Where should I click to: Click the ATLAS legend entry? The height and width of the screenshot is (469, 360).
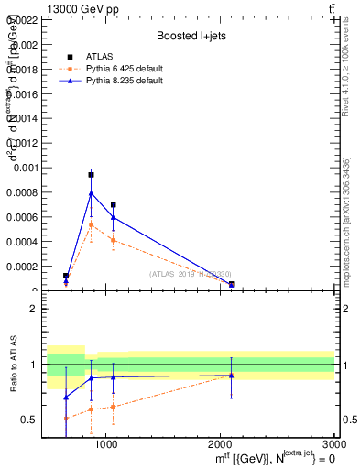pyautogui.click(x=100, y=56)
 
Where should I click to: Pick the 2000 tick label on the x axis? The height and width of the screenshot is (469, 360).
pyautogui.click(x=220, y=443)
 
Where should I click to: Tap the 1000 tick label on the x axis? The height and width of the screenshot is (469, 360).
pyautogui.click(x=105, y=443)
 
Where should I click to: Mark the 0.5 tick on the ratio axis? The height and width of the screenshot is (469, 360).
pyautogui.click(x=29, y=420)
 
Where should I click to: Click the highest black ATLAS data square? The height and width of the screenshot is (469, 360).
pyautogui.click(x=91, y=174)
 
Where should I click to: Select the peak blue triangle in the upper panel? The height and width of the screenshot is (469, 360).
pyautogui.click(x=91, y=193)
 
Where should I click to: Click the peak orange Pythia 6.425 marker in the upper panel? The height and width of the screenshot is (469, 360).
pyautogui.click(x=91, y=224)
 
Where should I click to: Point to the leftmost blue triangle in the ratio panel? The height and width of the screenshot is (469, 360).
pyautogui.click(x=66, y=397)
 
